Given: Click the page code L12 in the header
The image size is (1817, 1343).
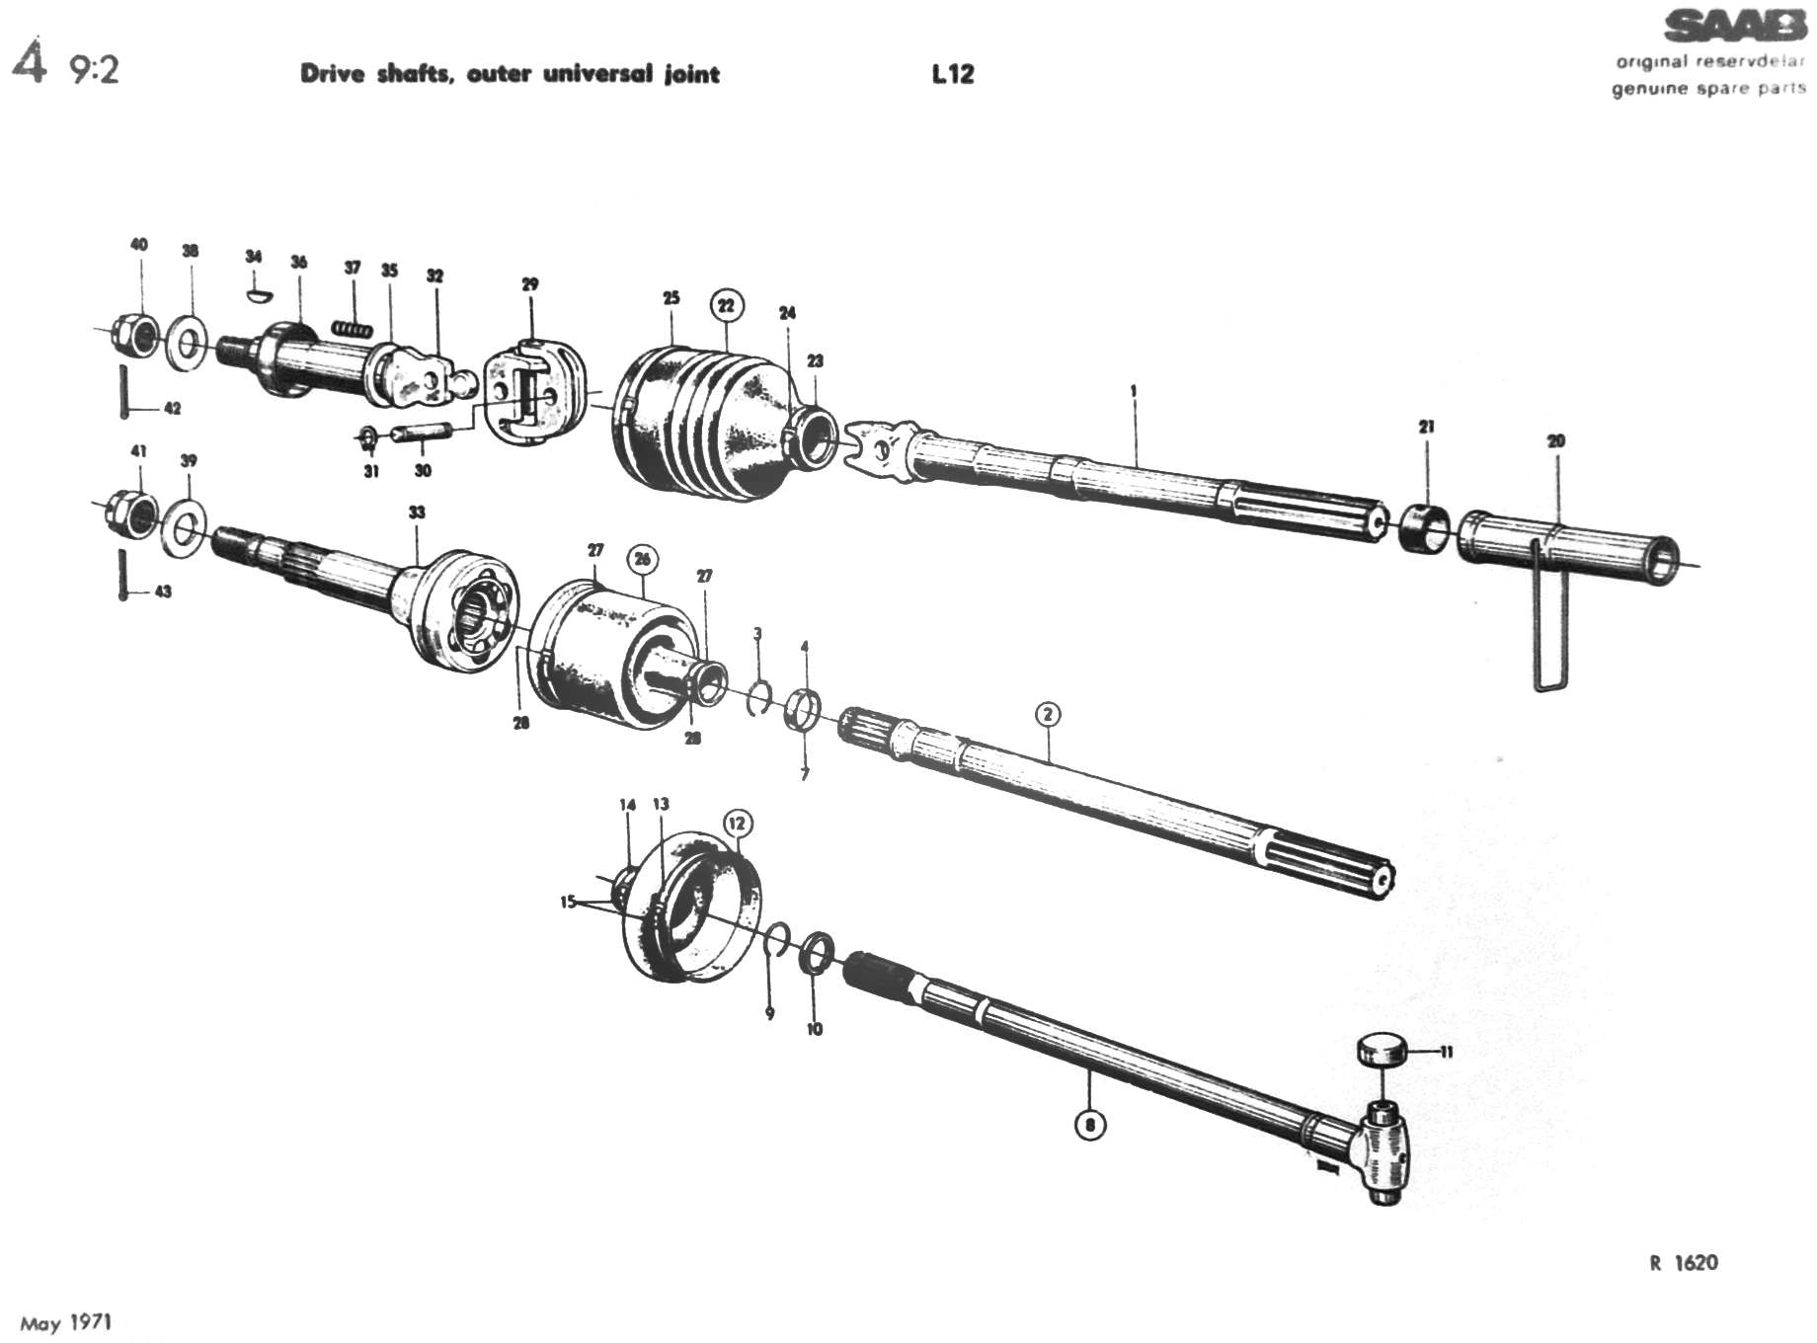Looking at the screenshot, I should pos(952,74).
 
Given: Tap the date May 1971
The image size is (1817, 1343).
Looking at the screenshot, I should pos(67,1322).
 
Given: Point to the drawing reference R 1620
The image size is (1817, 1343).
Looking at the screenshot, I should pos(1683,1262).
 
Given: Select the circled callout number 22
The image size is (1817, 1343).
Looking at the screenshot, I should pos(727,305).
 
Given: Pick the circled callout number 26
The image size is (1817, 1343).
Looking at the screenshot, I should pos(642,560).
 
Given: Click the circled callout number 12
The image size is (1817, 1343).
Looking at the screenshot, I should pos(738,823).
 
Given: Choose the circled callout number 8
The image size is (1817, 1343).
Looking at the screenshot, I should pos(1089,1124).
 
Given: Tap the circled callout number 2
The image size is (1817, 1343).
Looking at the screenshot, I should pos(1048,714).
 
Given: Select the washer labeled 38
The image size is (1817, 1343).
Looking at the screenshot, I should pos(186,342).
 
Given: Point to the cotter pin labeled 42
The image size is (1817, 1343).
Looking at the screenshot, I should pos(124,391).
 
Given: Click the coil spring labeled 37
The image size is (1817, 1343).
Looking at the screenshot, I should pos(353,328).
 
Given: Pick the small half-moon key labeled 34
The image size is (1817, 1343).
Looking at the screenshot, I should pos(255,292).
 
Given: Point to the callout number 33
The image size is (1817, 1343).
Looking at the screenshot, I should pos(417,512).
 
